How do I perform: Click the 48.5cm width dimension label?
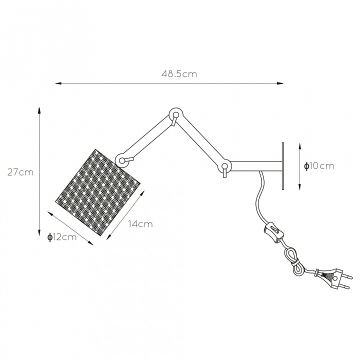pyautogui.click(x=179, y=74)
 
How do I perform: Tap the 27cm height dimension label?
pyautogui.click(x=20, y=172)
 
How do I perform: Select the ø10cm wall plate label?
pyautogui.click(x=319, y=166)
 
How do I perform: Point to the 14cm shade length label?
pyautogui.click(x=140, y=224)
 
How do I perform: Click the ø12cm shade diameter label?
pyautogui.click(x=62, y=237)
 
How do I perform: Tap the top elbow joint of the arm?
pyautogui.click(x=176, y=114)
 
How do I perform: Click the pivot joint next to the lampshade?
pyautogui.click(x=122, y=160)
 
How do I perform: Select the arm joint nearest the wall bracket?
pyautogui.click(x=225, y=166)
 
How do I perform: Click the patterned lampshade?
pyautogui.click(x=98, y=192)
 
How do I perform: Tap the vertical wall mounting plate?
pyautogui.click(x=283, y=166)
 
